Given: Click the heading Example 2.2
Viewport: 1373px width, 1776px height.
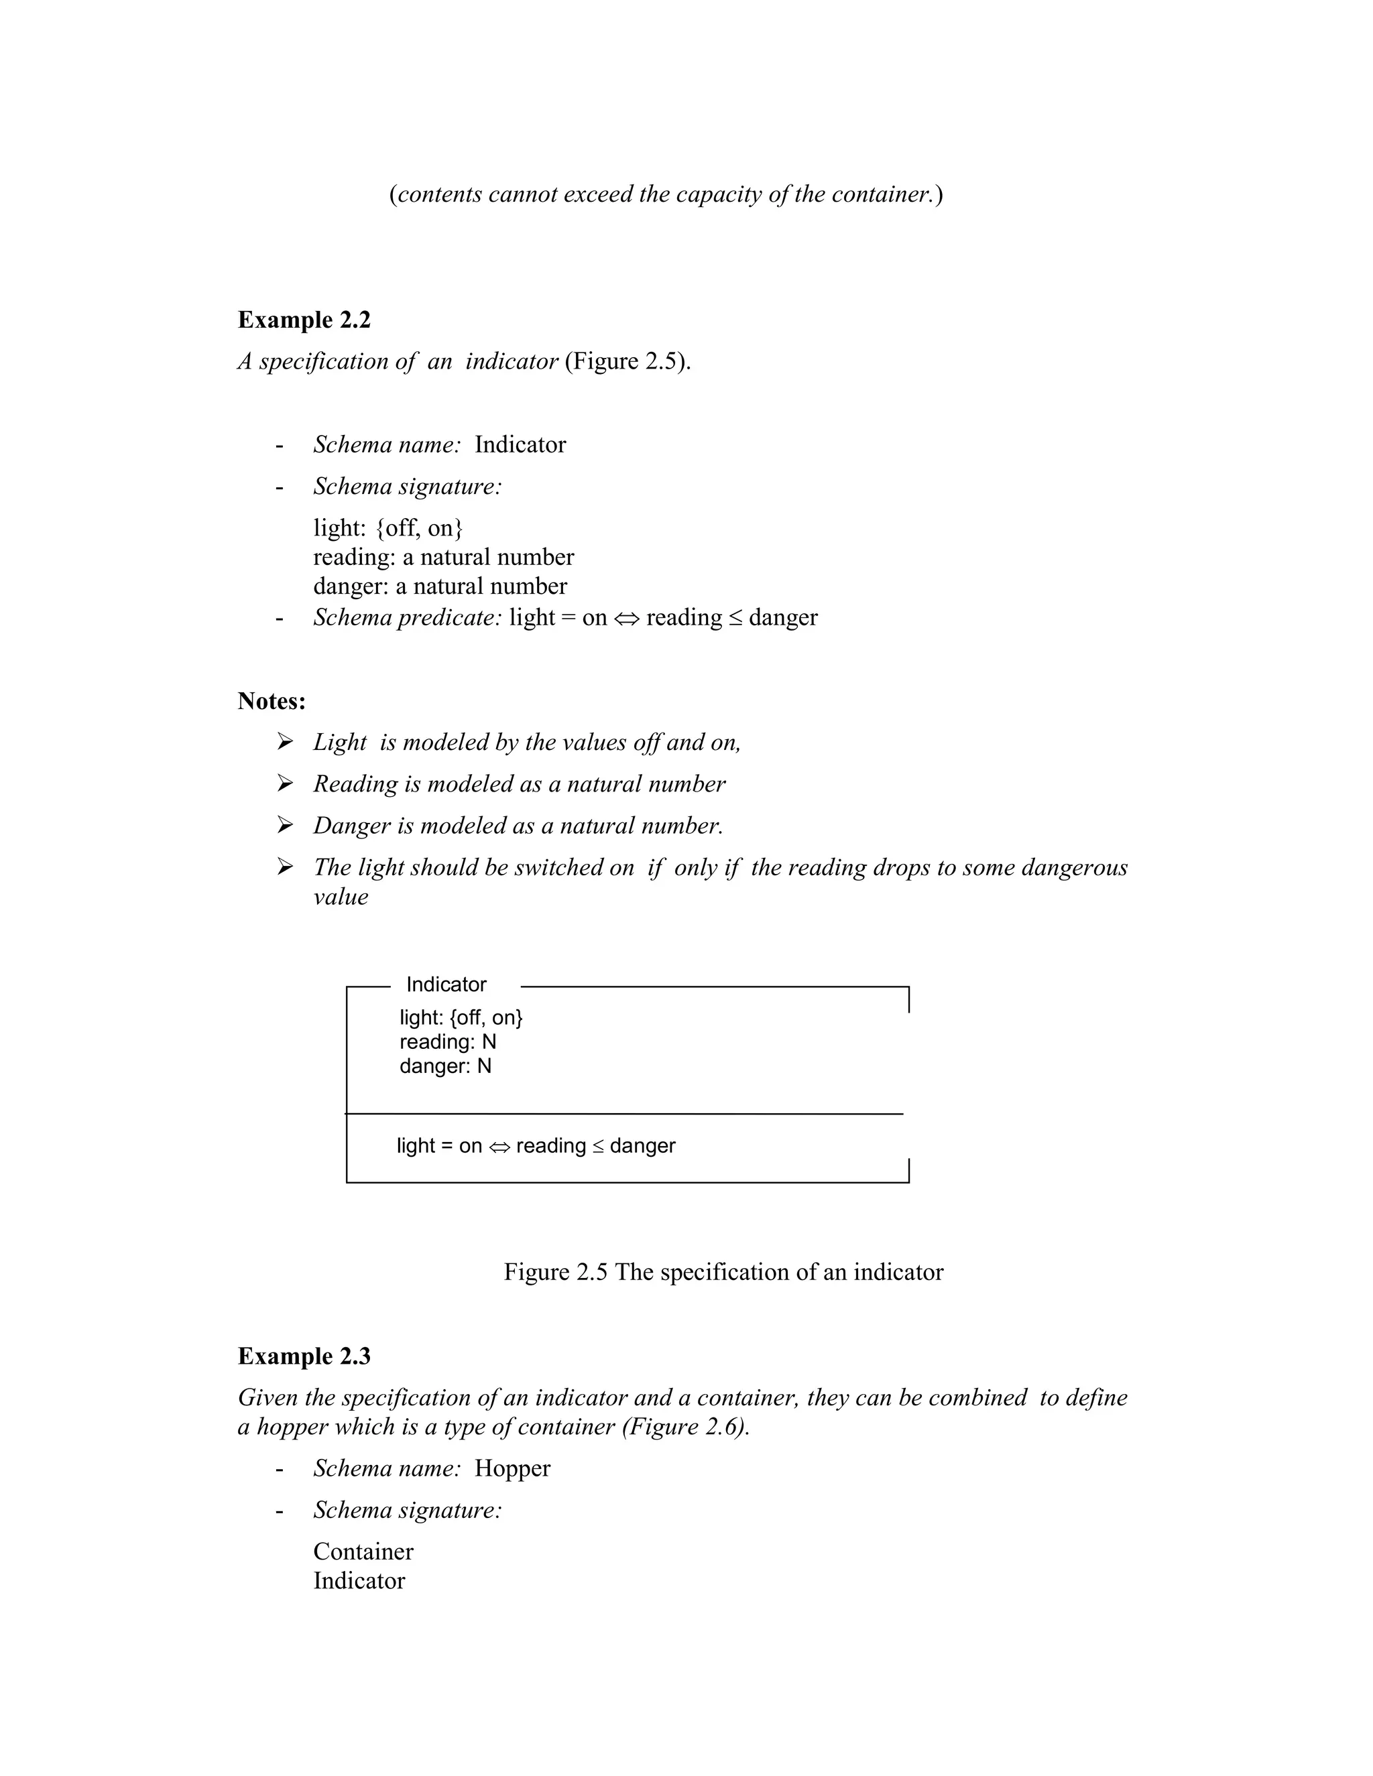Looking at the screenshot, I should click(304, 320).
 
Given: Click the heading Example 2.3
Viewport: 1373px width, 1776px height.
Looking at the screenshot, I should click(304, 1356).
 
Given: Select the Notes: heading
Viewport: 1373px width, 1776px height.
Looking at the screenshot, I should click(271, 700).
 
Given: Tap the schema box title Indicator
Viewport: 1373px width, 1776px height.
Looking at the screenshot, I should click(446, 984).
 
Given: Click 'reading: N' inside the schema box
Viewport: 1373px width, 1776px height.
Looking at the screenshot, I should click(447, 1041).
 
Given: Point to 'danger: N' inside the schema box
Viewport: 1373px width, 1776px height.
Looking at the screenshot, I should click(445, 1066).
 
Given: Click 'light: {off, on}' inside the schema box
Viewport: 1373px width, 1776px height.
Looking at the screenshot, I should click(461, 1017).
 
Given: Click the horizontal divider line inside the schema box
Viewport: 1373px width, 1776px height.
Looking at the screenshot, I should click(625, 1113).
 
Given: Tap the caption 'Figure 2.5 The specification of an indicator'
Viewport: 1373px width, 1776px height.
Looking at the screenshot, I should click(723, 1272).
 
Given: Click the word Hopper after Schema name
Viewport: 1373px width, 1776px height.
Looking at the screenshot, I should click(512, 1468).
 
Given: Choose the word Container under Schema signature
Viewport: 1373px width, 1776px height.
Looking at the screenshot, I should click(363, 1551).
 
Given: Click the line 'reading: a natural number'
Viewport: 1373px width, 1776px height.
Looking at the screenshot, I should click(443, 557).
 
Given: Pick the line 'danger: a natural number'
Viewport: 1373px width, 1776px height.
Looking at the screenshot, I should click(440, 586).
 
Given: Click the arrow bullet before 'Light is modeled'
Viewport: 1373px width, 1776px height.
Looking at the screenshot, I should click(285, 742).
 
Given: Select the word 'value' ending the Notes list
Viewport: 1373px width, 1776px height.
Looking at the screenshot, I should click(340, 897).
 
